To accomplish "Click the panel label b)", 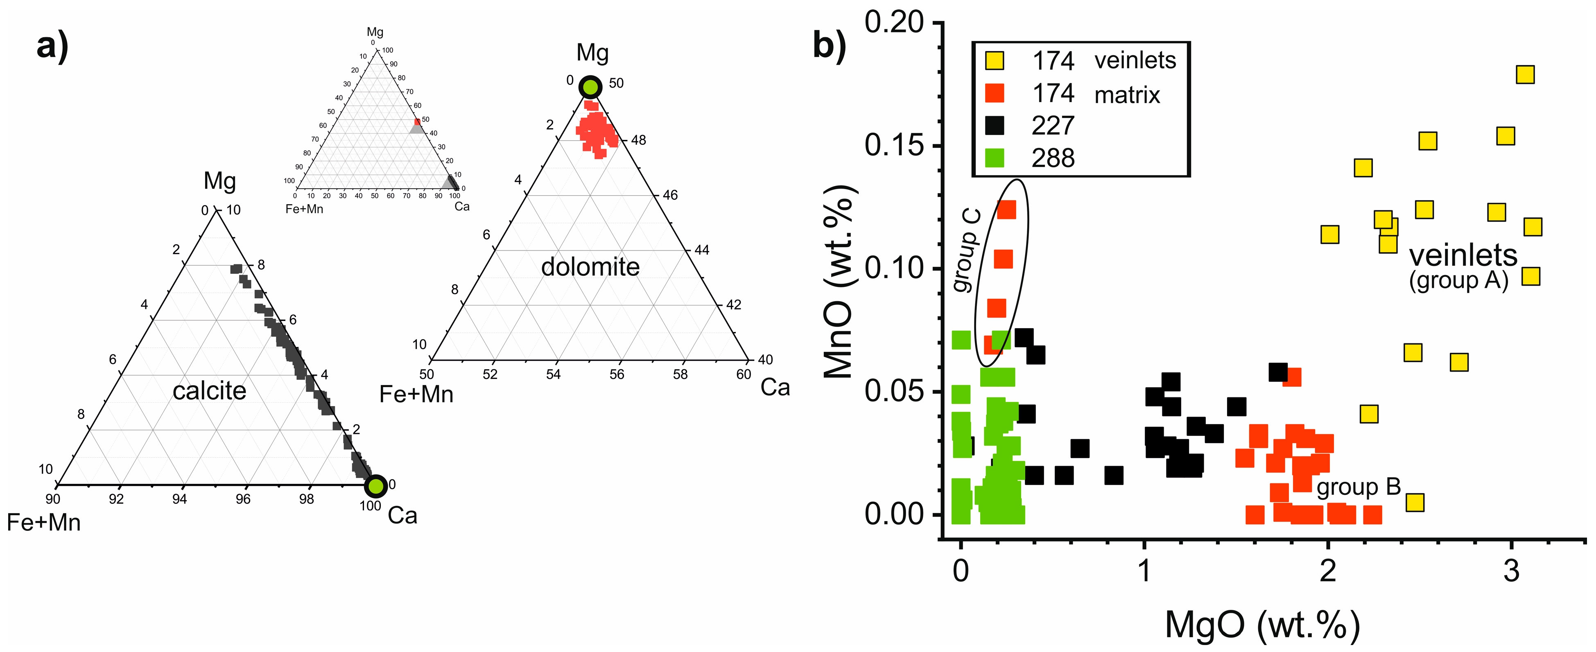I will (x=829, y=46).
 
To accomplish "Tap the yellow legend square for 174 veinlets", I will (x=995, y=61).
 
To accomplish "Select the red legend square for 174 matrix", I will (x=995, y=93).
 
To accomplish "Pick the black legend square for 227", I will (x=995, y=126).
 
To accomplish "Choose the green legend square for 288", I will (x=995, y=158).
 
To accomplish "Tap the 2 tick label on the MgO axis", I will (x=1328, y=570).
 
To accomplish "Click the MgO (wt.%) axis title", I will (x=1262, y=625).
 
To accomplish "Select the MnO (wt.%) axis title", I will (x=839, y=282).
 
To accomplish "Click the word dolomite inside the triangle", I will (x=590, y=267).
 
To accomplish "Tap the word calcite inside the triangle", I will (x=209, y=391).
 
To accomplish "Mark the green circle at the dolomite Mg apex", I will (x=590, y=87).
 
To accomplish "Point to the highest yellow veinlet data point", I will (x=1525, y=75).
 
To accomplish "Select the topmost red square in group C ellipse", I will (x=1007, y=210).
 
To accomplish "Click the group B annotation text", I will (x=1358, y=487).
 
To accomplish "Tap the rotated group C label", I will (x=967, y=251).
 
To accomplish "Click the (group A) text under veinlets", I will (x=1458, y=280).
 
